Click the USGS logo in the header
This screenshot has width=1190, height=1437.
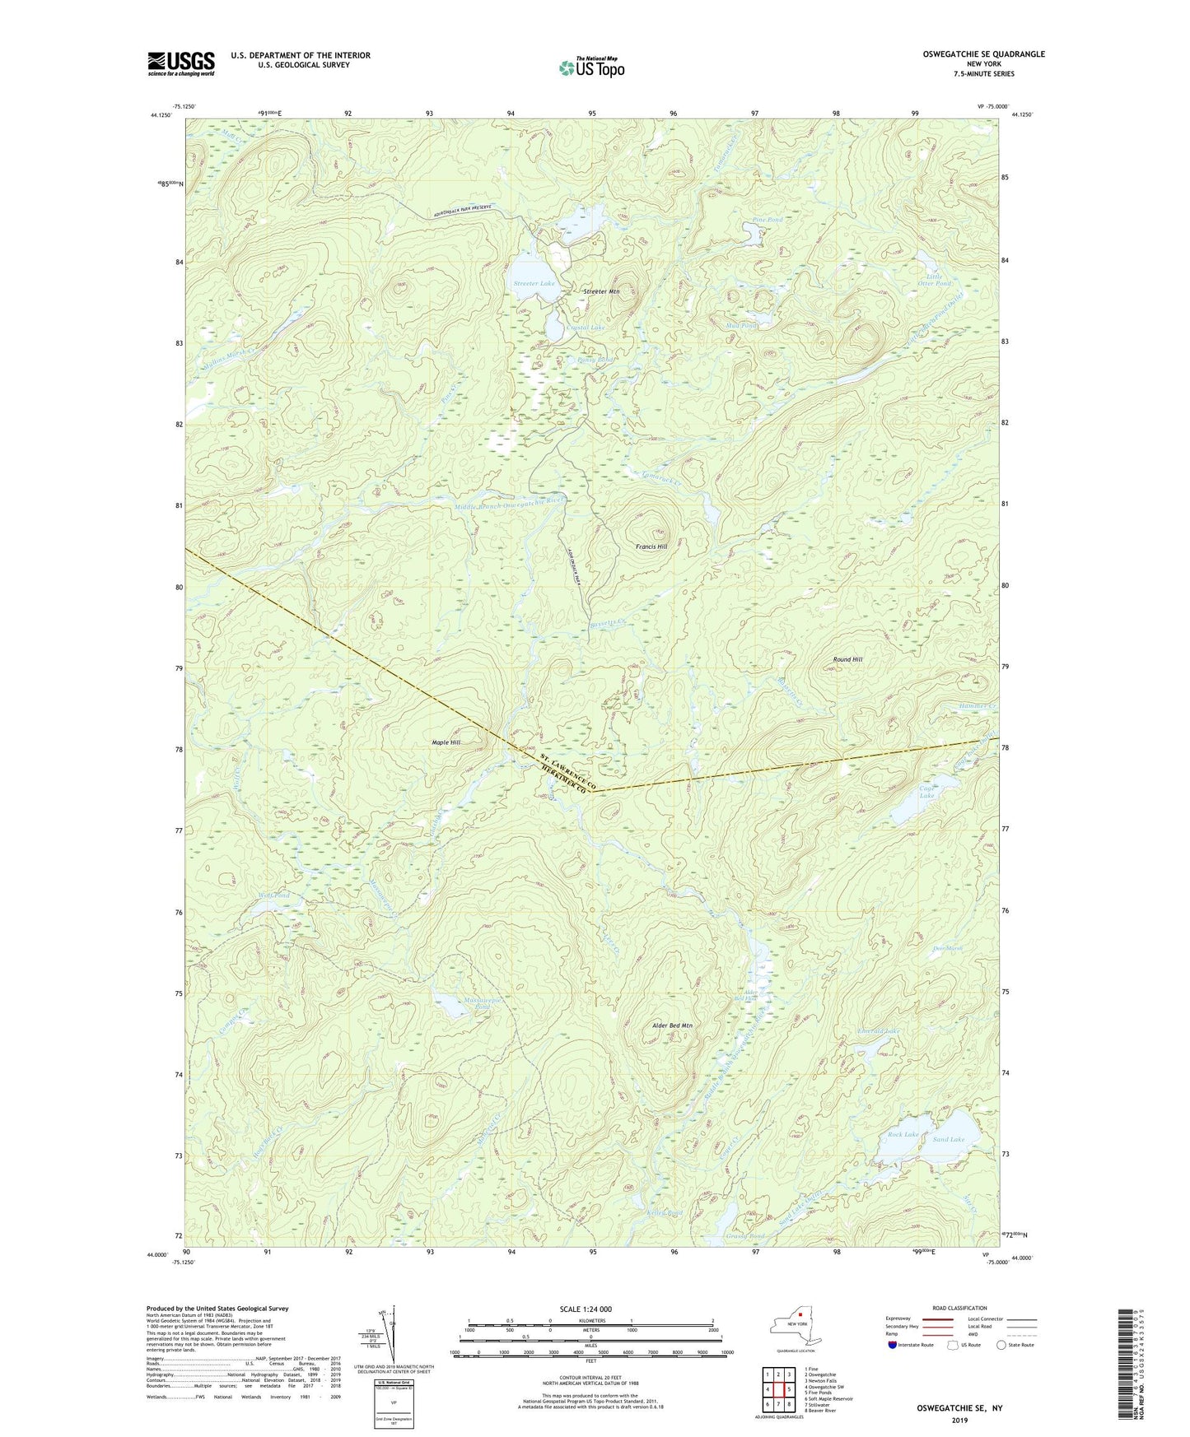click(180, 63)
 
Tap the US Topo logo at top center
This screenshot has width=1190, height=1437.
click(591, 67)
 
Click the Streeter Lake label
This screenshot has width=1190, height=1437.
click(534, 283)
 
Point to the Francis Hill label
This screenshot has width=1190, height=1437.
click(651, 546)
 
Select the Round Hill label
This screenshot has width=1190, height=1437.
click(847, 659)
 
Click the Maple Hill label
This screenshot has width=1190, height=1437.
click(446, 742)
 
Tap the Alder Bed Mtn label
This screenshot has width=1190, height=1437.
click(671, 1025)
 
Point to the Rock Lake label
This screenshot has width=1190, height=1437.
click(903, 1134)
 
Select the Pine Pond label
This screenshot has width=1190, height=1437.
click(768, 220)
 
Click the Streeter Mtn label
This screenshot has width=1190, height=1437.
click(601, 291)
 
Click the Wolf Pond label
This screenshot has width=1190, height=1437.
click(274, 895)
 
